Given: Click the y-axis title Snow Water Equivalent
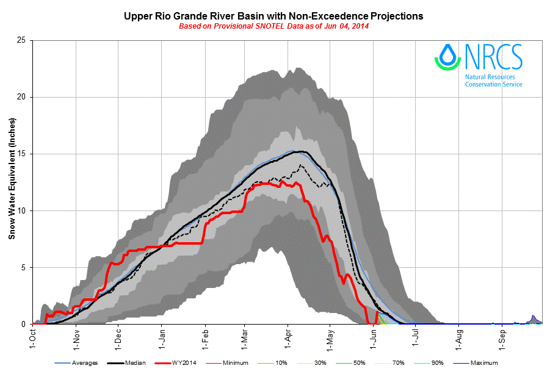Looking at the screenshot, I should point(12,182).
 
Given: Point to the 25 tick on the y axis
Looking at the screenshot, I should point(21,40).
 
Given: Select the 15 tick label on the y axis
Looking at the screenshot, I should point(21,154).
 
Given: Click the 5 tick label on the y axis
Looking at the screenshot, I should point(23,267).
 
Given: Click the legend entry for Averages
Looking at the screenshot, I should point(79,363).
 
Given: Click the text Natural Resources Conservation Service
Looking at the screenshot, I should point(493,81).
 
